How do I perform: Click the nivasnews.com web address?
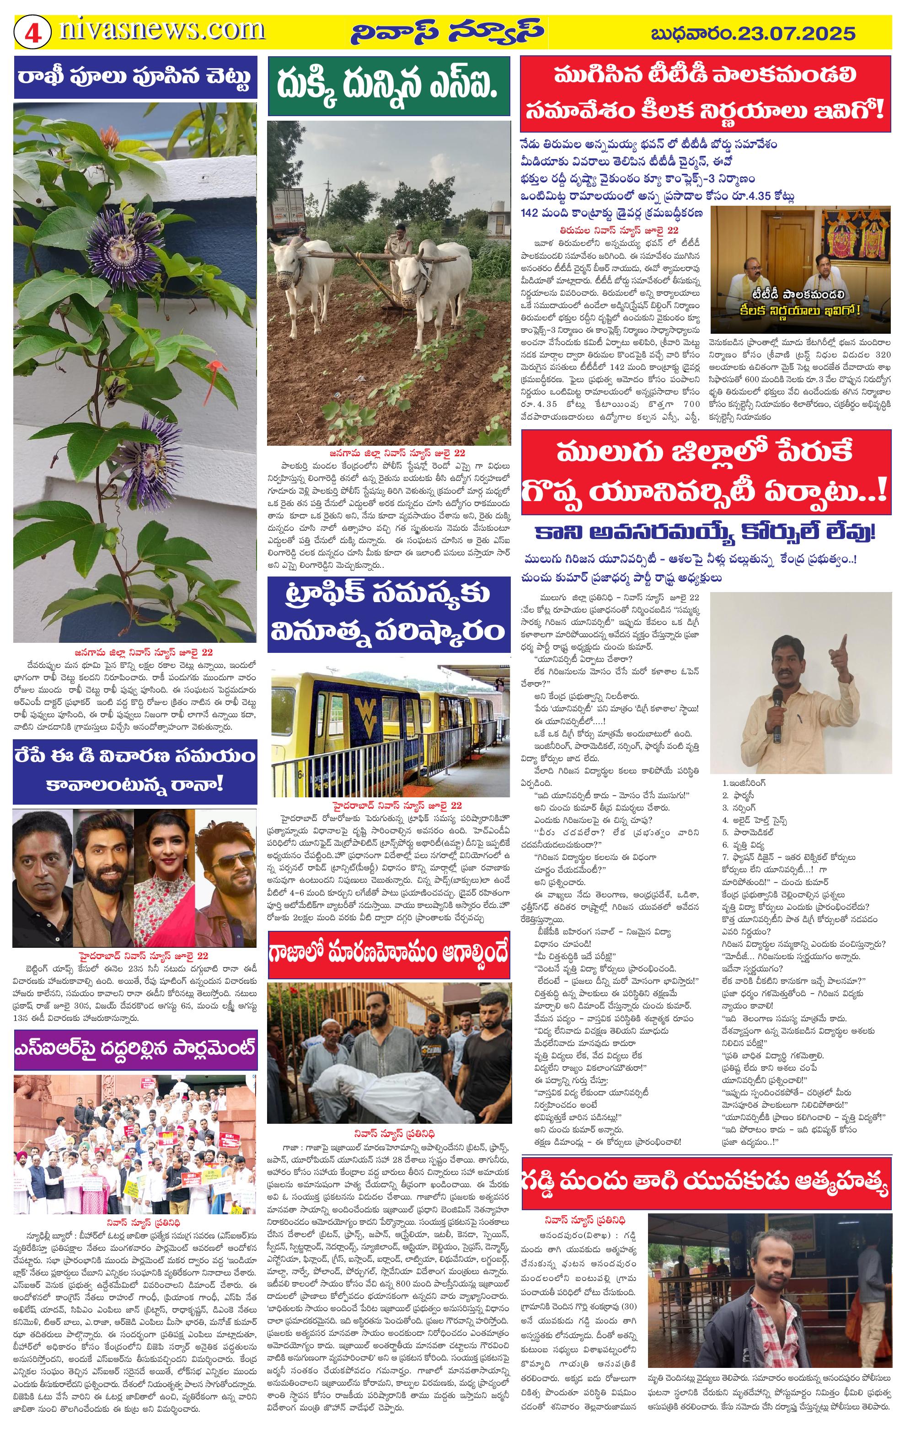click(x=161, y=30)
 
